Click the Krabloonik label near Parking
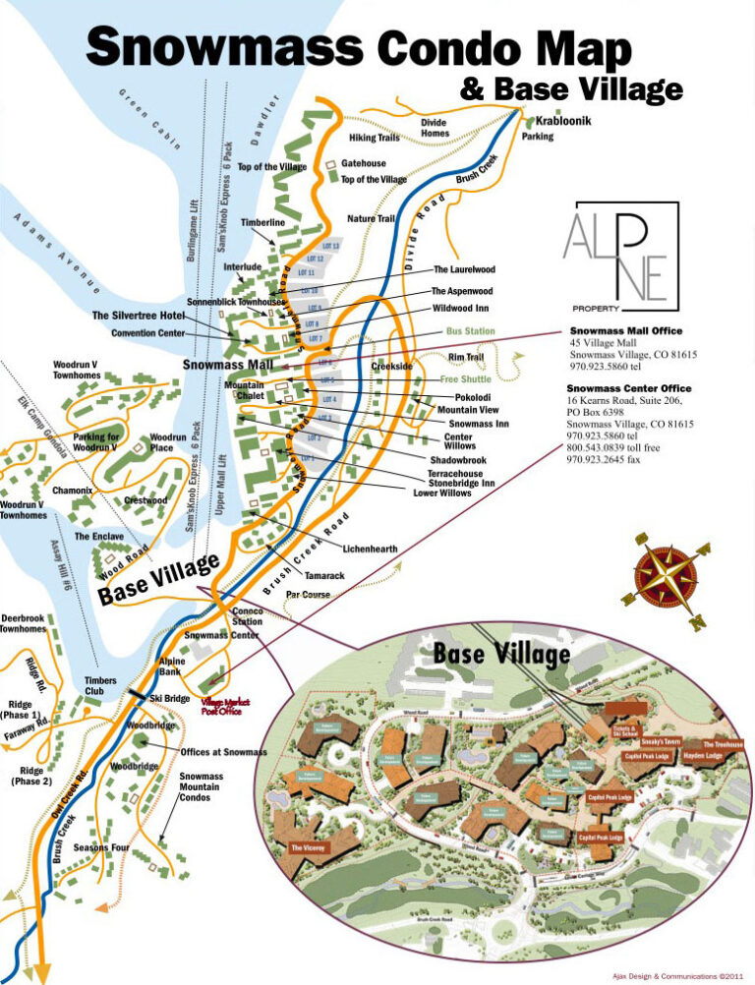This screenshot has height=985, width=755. click(563, 120)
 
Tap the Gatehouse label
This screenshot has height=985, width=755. click(364, 163)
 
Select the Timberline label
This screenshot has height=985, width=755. click(262, 223)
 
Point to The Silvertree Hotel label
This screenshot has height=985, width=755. click(139, 316)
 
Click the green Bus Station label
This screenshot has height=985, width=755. click(471, 331)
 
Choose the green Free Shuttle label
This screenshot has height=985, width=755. click(466, 378)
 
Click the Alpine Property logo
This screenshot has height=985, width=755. click(620, 254)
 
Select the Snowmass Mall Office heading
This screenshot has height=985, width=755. click(625, 331)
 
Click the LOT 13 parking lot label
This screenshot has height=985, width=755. click(330, 246)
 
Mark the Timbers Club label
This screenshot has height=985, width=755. click(100, 686)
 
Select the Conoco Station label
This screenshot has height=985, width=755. click(247, 616)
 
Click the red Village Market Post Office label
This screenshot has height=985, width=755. click(226, 707)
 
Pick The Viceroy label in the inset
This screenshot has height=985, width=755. click(310, 846)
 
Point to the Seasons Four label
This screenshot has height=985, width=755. click(101, 847)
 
